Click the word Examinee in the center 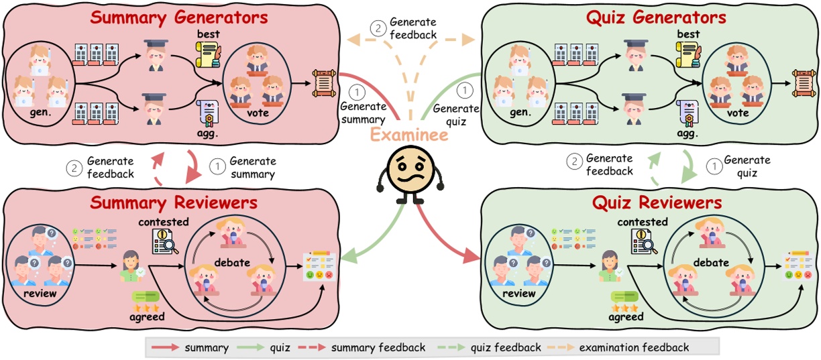(x=410, y=133)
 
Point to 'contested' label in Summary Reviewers (x=164, y=222)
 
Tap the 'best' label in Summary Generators (x=209, y=34)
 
